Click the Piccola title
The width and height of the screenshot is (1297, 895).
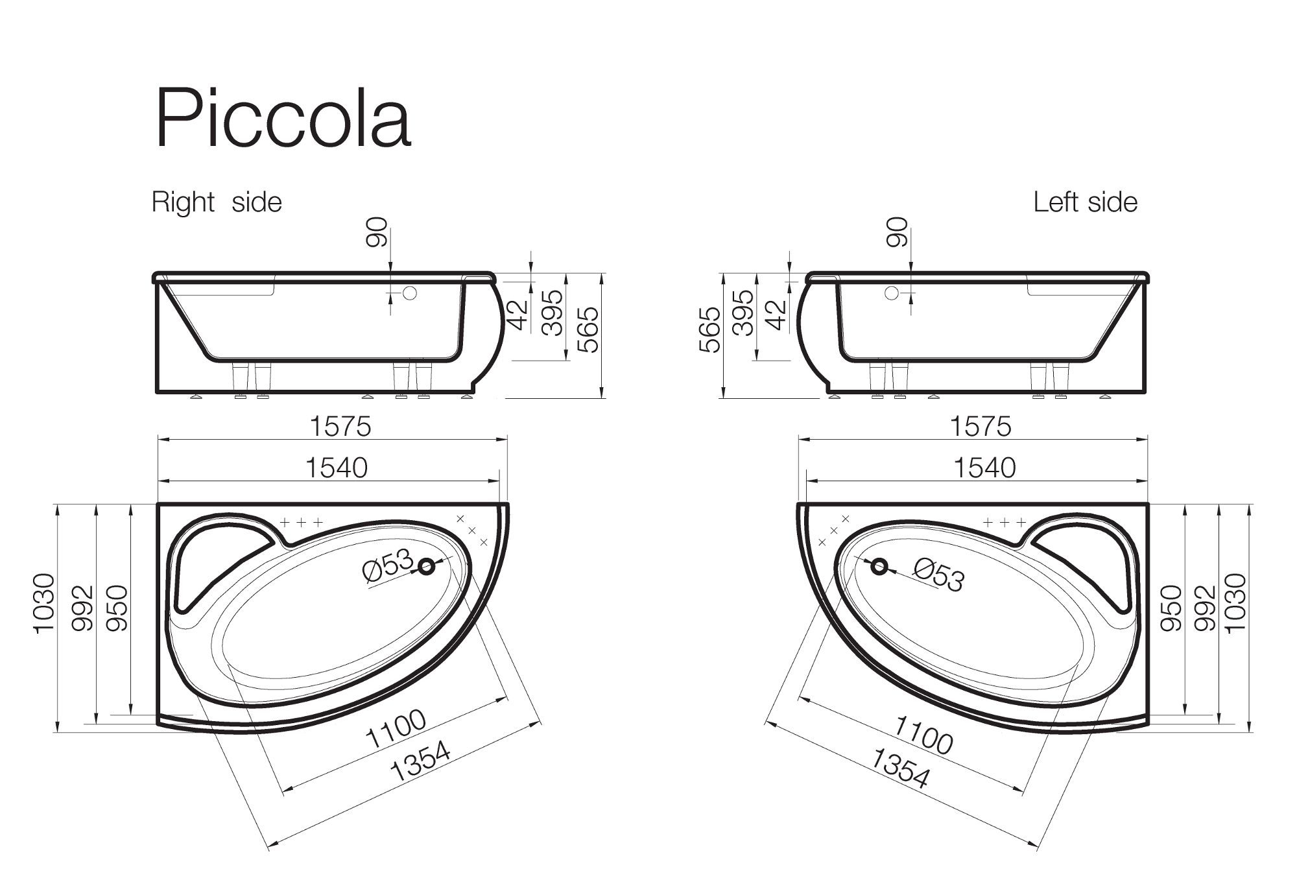(x=283, y=118)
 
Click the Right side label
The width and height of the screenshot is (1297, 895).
(x=217, y=202)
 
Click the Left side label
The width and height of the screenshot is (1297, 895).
(x=1085, y=202)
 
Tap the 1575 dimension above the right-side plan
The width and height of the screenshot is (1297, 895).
(x=340, y=427)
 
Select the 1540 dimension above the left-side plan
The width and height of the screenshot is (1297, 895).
(x=984, y=468)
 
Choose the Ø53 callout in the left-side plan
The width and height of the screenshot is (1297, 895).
(x=938, y=575)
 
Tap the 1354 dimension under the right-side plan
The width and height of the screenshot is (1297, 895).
(x=421, y=761)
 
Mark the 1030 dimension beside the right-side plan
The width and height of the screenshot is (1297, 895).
(x=43, y=603)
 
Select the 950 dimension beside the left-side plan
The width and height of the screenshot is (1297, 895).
(x=1171, y=608)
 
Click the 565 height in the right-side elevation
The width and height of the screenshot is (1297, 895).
(x=589, y=329)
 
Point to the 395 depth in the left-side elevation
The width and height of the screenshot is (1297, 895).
(x=744, y=313)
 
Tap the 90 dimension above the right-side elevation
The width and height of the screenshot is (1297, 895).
(x=377, y=232)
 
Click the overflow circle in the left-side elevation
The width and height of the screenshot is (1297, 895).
(x=892, y=293)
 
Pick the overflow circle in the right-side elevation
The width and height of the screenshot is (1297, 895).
(x=409, y=293)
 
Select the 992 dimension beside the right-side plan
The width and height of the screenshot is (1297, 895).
(x=83, y=608)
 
